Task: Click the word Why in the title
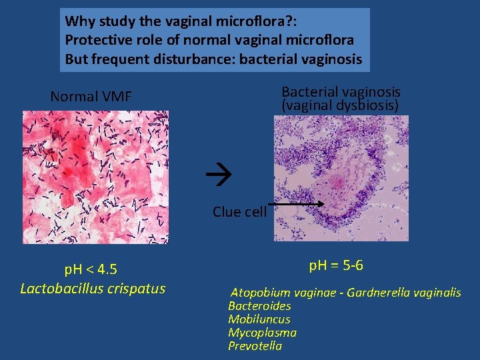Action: pyautogui.click(x=79, y=21)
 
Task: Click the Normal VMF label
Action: pyautogui.click(x=91, y=97)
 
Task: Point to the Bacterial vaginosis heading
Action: pyautogui.click(x=341, y=91)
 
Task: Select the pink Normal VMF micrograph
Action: pyautogui.click(x=95, y=177)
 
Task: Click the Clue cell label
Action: pyautogui.click(x=239, y=212)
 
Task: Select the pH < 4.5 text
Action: pyautogui.click(x=90, y=269)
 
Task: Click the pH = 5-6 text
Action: pyautogui.click(x=336, y=265)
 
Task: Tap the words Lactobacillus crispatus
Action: pyautogui.click(x=93, y=289)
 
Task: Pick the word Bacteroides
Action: pyautogui.click(x=259, y=306)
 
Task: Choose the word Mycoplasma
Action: pyautogui.click(x=262, y=333)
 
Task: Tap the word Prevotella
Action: pyautogui.click(x=255, y=346)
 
